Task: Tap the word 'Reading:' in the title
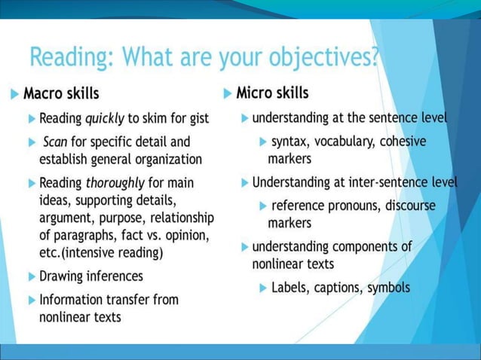pyautogui.click(x=72, y=57)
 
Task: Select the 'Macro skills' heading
pyautogui.click(x=61, y=94)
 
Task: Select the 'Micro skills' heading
pyautogui.click(x=272, y=93)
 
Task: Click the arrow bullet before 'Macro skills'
pyautogui.click(x=15, y=95)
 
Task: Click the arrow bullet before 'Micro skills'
pyautogui.click(x=228, y=94)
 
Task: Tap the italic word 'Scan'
pyautogui.click(x=55, y=142)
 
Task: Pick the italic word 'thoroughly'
pyautogui.click(x=117, y=183)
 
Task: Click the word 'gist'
pyautogui.click(x=197, y=119)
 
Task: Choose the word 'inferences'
pyautogui.click(x=114, y=276)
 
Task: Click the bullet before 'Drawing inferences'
pyautogui.click(x=31, y=276)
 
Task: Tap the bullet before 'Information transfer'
pyautogui.click(x=31, y=300)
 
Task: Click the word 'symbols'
pyautogui.click(x=389, y=288)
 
